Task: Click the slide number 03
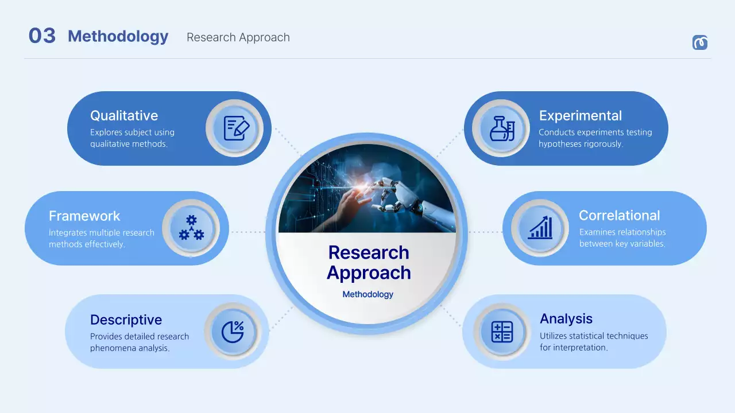(42, 36)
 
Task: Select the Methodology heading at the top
(118, 37)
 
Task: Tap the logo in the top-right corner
(699, 42)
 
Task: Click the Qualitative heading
(124, 116)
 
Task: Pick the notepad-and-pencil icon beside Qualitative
(235, 128)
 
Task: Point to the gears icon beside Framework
(191, 228)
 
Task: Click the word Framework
(84, 216)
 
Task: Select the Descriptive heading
(126, 320)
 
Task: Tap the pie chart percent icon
(233, 332)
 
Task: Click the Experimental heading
(580, 116)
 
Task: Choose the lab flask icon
(501, 128)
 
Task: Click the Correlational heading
(619, 216)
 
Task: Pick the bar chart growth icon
(540, 228)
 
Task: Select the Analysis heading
(566, 319)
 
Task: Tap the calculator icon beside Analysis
(502, 332)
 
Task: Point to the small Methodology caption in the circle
(367, 294)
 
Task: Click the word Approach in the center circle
(369, 273)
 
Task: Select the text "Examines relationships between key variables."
(622, 238)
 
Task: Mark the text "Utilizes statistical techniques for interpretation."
(594, 342)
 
